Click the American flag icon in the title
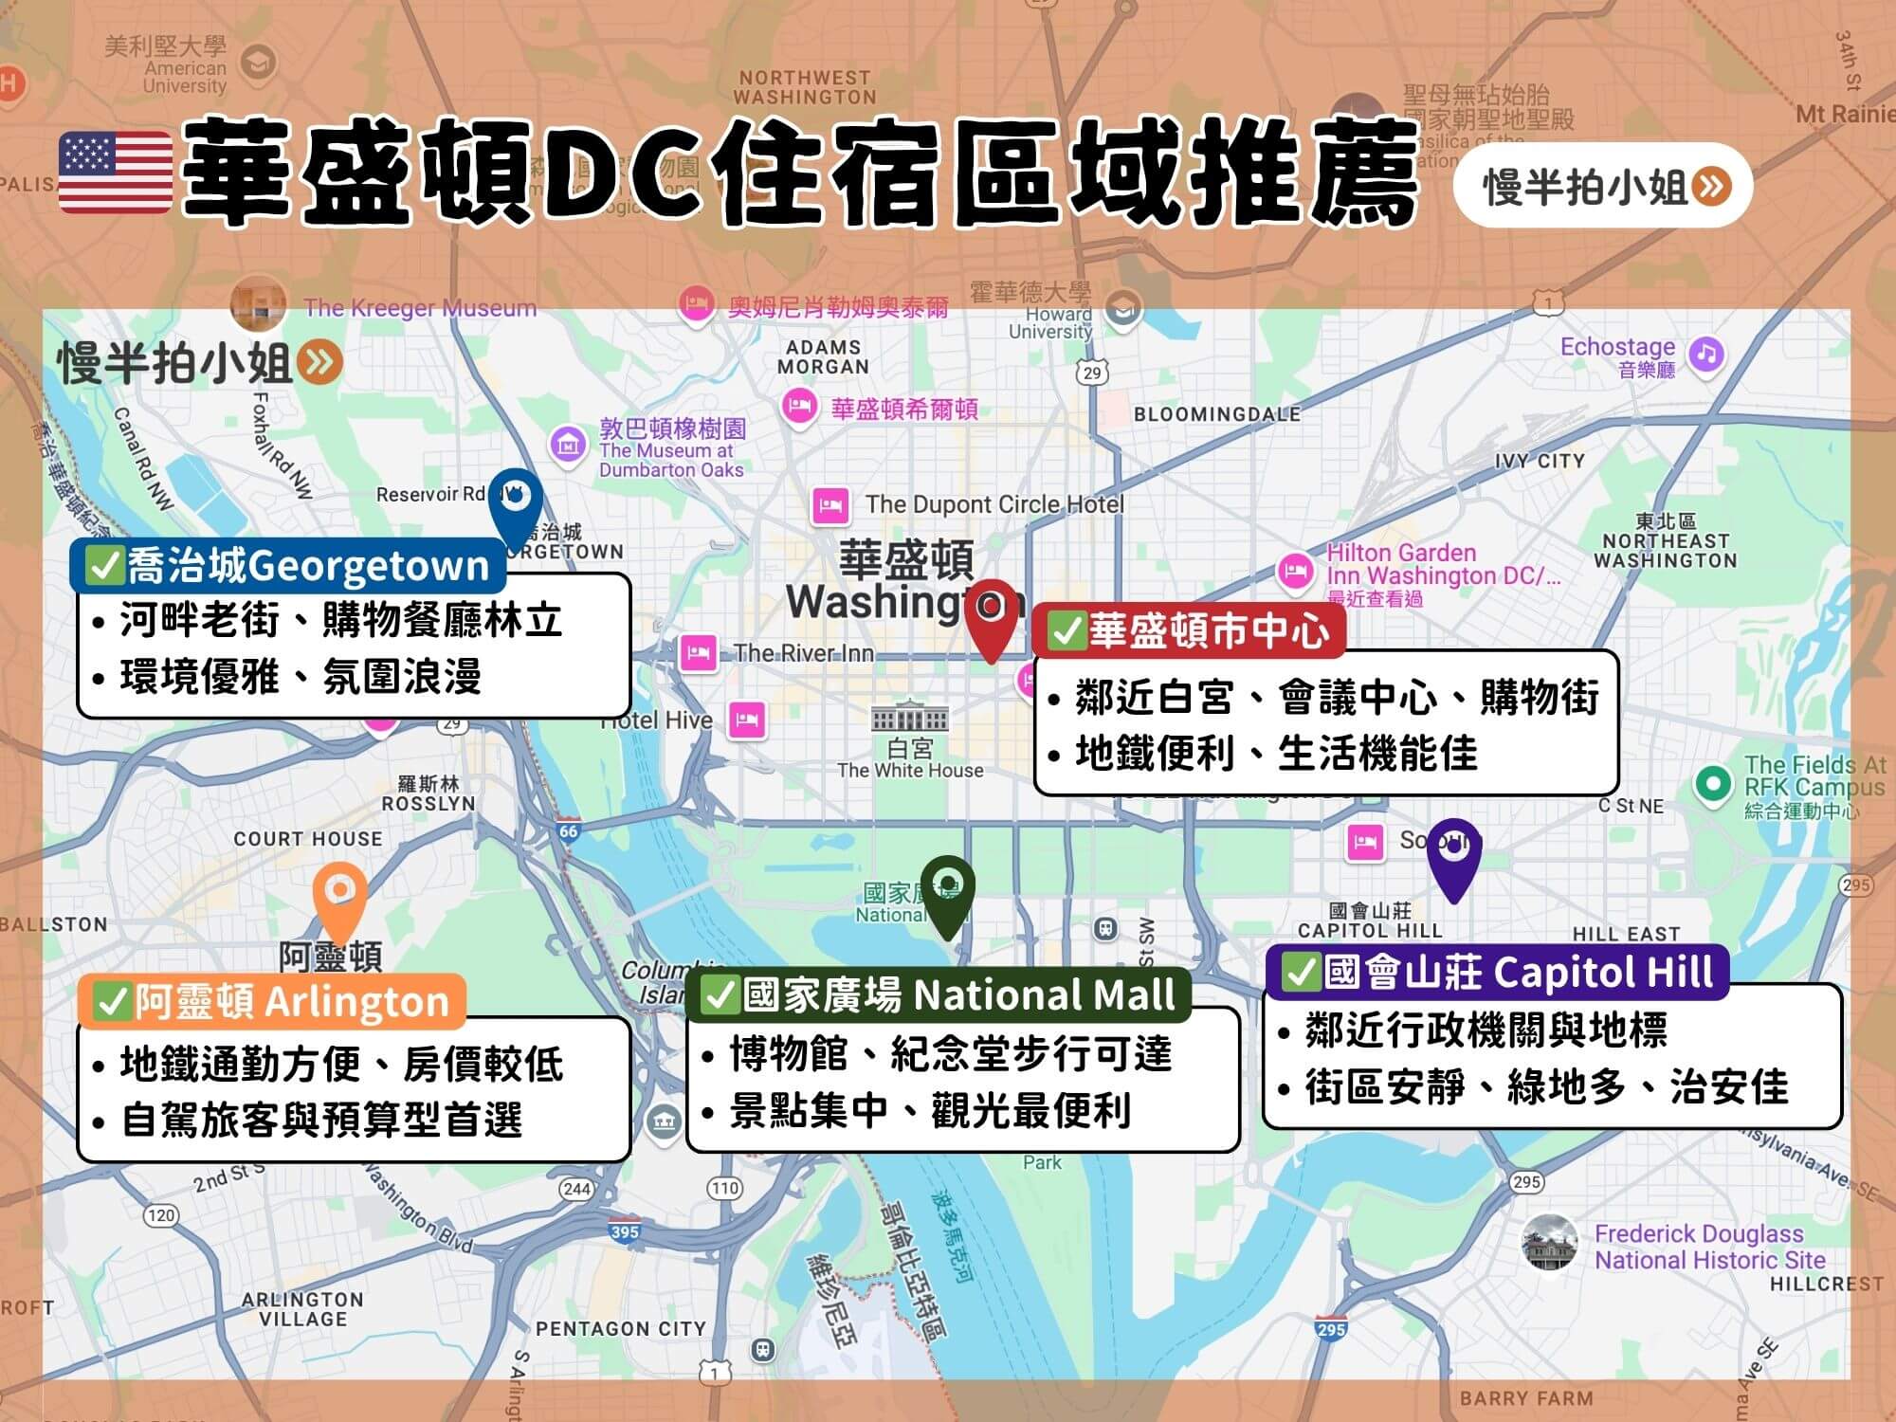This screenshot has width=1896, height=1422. click(x=115, y=173)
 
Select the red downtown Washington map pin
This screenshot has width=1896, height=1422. click(x=991, y=614)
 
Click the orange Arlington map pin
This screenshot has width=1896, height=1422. click(x=339, y=897)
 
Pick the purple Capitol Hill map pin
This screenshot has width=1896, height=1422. click(x=1454, y=853)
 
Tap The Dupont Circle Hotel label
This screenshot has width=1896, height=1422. click(x=994, y=504)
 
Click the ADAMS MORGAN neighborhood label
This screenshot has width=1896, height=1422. click(x=823, y=357)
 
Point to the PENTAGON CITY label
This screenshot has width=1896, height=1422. click(x=621, y=1329)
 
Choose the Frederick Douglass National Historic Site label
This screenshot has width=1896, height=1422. click(x=1709, y=1247)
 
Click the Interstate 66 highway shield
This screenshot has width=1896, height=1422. click(x=568, y=831)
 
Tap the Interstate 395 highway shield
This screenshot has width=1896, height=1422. click(x=625, y=1231)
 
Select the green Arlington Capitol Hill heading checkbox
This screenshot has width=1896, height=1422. click(x=1302, y=971)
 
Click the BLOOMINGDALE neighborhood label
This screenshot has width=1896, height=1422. click(x=1217, y=414)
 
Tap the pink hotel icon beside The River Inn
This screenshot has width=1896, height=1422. click(x=699, y=652)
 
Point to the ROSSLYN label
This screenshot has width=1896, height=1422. click(x=428, y=803)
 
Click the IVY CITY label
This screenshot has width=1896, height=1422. click(x=1540, y=461)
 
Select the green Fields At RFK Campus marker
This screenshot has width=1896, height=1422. click(x=1712, y=783)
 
